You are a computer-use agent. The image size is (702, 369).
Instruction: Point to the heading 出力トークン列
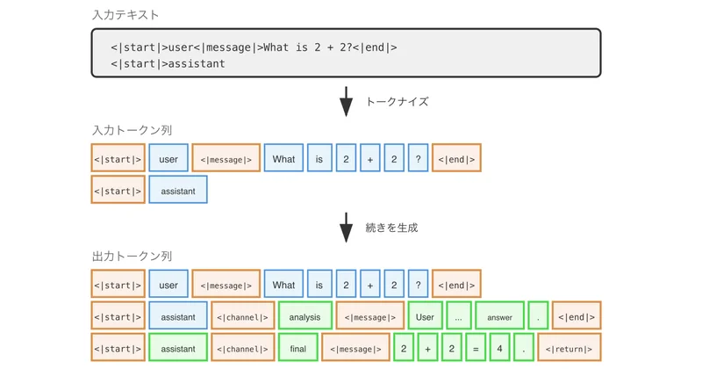(x=127, y=257)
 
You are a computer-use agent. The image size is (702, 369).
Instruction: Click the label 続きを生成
(x=391, y=228)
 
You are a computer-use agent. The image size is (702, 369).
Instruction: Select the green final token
(x=297, y=348)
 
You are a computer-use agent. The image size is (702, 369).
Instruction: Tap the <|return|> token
(x=569, y=348)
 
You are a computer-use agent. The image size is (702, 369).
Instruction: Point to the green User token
(x=425, y=316)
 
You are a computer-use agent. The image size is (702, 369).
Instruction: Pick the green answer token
(x=498, y=316)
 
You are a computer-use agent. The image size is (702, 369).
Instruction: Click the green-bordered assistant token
(x=177, y=348)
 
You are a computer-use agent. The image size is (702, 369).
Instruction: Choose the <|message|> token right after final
(x=355, y=348)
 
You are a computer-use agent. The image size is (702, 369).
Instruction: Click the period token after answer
(x=538, y=316)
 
